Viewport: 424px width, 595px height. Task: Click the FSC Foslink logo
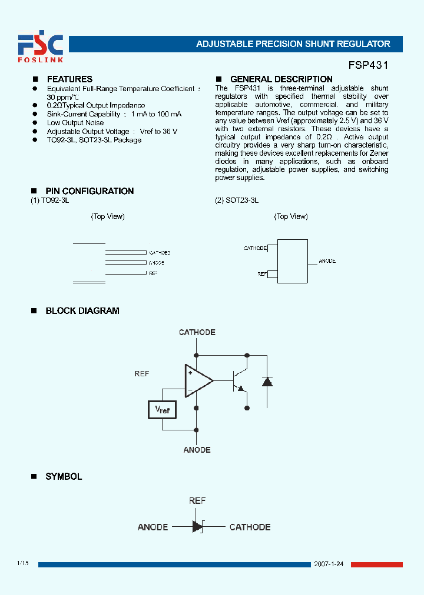(x=40, y=48)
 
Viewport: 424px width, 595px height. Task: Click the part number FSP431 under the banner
(x=366, y=66)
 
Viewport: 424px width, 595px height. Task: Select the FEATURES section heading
(x=69, y=79)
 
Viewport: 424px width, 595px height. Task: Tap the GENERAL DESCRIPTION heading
(x=281, y=79)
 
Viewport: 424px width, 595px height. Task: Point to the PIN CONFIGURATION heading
(x=90, y=191)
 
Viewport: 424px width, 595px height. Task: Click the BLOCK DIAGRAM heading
(x=82, y=311)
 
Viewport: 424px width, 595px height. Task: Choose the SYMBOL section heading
(x=64, y=477)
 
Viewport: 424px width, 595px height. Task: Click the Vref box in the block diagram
(x=162, y=409)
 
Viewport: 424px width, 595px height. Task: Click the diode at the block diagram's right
(x=267, y=382)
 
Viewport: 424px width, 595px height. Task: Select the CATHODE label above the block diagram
(x=197, y=333)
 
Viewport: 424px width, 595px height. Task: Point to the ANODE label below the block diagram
(x=197, y=450)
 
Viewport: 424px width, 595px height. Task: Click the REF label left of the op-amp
(x=142, y=374)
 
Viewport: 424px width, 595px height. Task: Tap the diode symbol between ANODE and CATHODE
(x=197, y=527)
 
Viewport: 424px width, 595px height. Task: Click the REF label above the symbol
(x=197, y=501)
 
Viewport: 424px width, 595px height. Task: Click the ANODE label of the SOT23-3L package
(x=327, y=261)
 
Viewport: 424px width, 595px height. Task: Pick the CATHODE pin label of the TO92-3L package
(x=160, y=252)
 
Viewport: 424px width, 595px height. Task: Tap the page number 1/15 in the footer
(x=23, y=563)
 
